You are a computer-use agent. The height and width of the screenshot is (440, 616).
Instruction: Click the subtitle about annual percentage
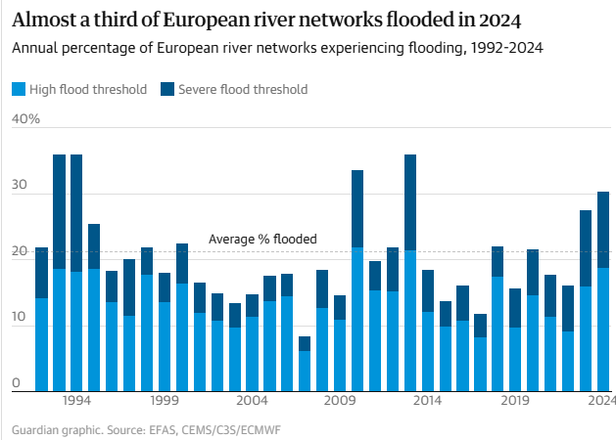(278, 48)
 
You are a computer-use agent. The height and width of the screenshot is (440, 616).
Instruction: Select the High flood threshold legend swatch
(18, 89)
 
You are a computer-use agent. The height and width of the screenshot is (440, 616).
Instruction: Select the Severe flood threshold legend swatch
(166, 89)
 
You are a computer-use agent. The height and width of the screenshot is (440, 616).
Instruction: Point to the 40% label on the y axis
(25, 119)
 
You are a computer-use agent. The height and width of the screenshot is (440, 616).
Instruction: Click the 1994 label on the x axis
(76, 401)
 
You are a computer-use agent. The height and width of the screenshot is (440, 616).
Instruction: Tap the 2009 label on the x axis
(340, 401)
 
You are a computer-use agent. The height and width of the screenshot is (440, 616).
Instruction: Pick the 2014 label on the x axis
(427, 401)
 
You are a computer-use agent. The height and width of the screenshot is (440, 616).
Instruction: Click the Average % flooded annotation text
(262, 239)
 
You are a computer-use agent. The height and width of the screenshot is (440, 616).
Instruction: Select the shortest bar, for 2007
(305, 372)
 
